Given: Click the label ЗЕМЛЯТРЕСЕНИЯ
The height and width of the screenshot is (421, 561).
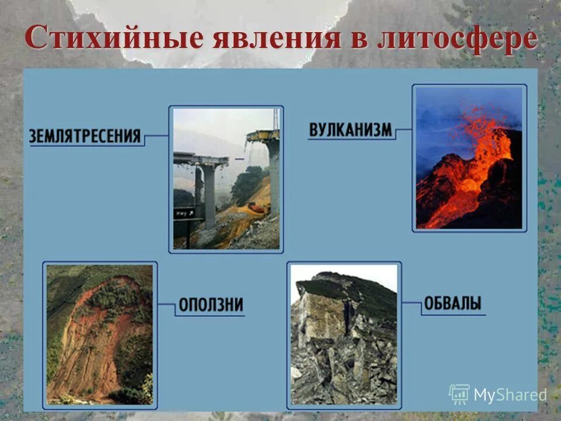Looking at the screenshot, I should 85,136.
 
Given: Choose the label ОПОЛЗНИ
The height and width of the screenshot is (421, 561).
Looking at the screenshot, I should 210,305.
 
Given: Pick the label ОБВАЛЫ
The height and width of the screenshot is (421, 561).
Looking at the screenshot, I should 453,303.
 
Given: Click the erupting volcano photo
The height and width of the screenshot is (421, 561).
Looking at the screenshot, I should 469,158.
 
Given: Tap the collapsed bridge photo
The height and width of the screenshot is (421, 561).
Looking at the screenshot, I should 226,179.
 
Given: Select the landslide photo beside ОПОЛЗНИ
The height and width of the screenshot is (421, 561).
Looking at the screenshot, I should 99,334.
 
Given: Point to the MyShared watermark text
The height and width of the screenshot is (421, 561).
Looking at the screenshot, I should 510,395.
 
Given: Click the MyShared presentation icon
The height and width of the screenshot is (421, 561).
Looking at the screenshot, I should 459,395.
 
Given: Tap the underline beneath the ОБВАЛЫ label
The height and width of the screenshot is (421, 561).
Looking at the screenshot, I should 453,315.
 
